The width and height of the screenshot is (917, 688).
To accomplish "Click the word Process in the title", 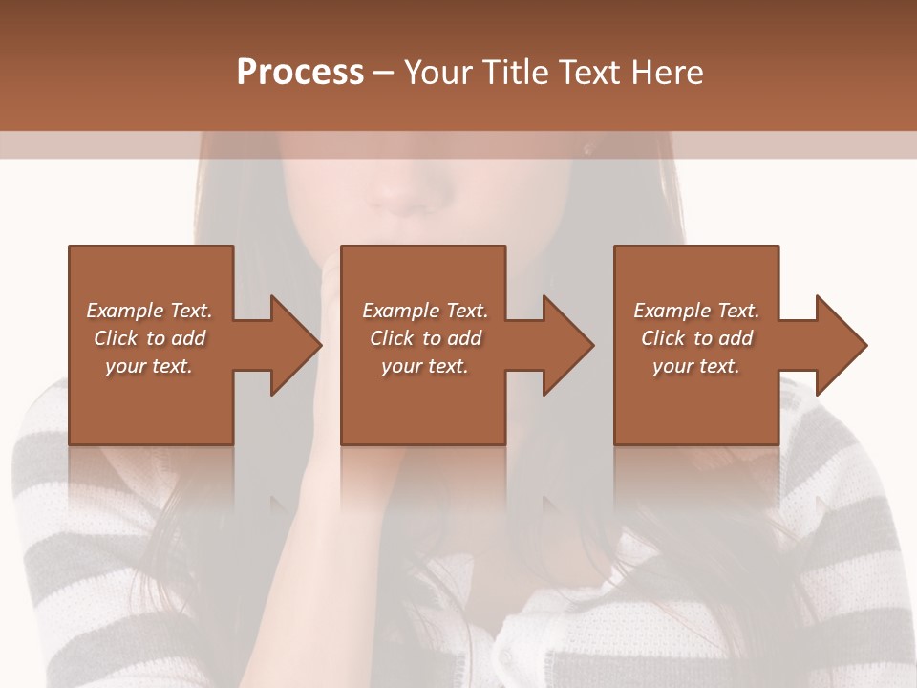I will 300,73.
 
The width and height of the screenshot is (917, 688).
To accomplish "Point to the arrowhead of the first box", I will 295,345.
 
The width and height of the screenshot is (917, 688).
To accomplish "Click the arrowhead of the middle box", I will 567,345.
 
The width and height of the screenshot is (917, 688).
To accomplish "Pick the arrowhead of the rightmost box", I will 841,345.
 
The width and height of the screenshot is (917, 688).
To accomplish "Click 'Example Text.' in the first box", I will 149,311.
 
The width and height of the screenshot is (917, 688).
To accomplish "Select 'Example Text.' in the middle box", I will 424,311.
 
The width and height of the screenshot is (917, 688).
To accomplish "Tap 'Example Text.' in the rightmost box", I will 696,311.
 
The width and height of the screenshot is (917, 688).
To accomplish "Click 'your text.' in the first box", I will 149,366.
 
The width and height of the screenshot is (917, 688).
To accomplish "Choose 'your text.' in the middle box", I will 424,366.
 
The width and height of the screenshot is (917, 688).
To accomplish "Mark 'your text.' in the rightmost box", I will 696,366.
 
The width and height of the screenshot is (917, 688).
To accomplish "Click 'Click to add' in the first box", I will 149,338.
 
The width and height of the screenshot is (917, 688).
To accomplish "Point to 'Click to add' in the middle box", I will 424,338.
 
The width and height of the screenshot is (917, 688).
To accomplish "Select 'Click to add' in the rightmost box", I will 696,338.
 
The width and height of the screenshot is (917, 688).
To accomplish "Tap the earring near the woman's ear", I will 586,148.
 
